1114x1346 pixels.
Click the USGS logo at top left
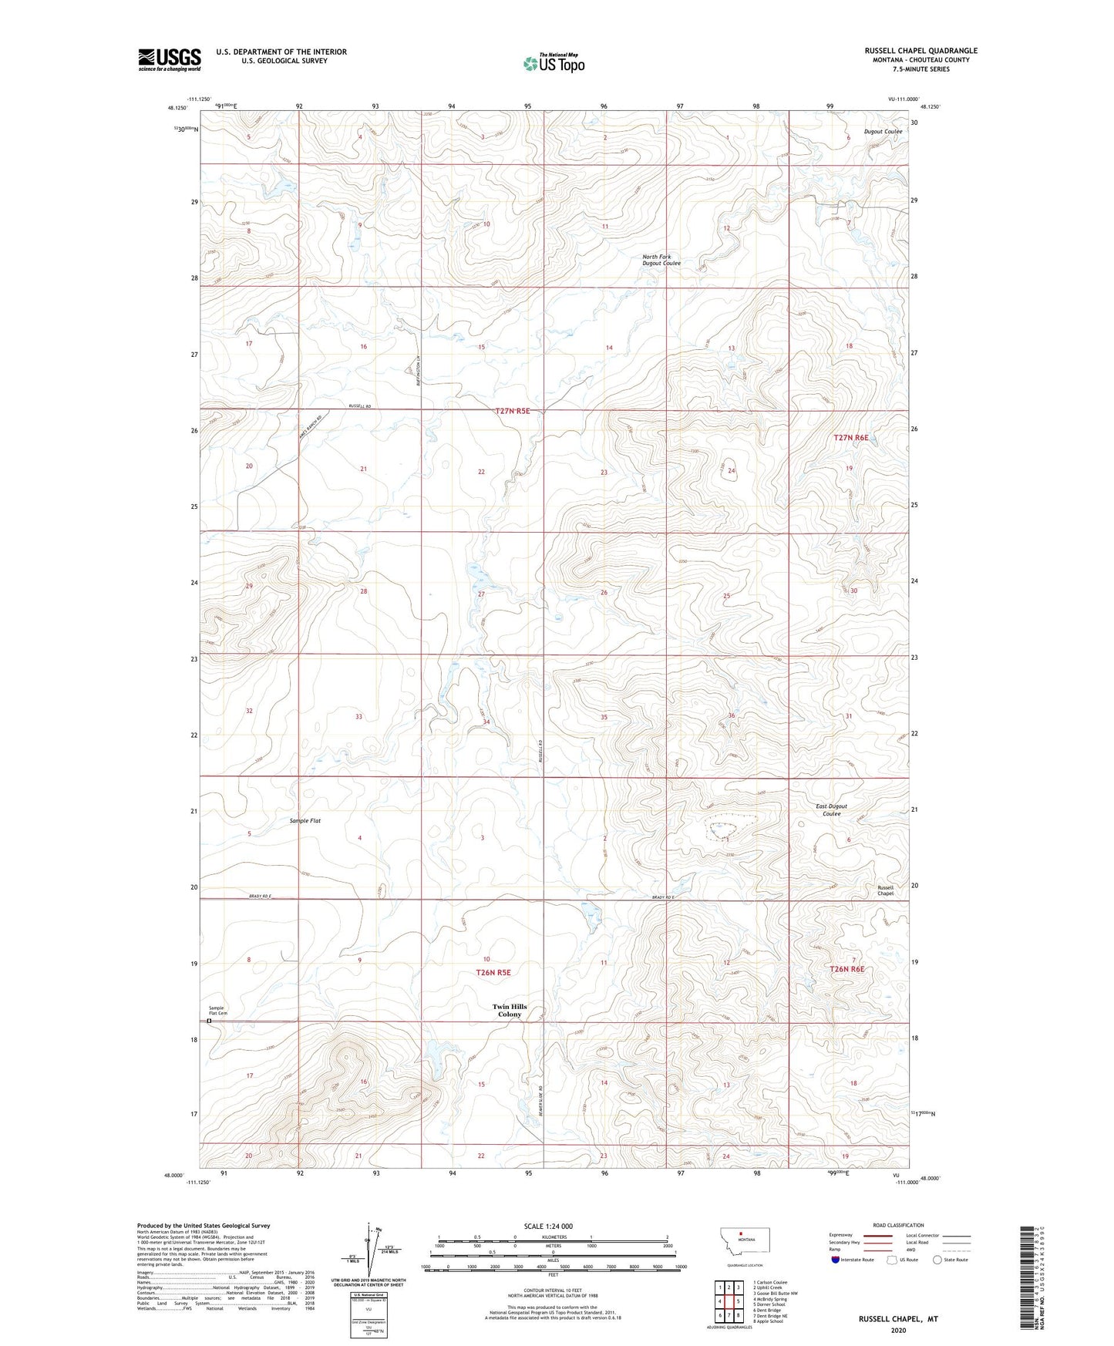click(x=170, y=59)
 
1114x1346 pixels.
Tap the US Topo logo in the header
click(x=554, y=62)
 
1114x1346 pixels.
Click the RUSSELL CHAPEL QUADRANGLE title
click(x=920, y=51)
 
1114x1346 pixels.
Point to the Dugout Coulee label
click(x=883, y=132)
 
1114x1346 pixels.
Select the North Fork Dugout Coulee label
click(x=661, y=260)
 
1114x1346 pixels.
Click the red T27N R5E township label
click(x=512, y=412)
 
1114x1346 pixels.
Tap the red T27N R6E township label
click(x=851, y=438)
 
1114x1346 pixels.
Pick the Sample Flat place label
click(x=305, y=821)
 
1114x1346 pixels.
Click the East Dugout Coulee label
click(x=831, y=809)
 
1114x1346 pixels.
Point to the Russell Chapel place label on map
click(x=885, y=890)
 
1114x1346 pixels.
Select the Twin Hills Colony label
click(x=510, y=1010)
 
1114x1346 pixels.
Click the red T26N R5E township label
click(x=493, y=973)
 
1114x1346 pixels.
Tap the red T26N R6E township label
click(x=846, y=969)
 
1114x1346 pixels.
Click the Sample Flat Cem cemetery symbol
click(x=209, y=1021)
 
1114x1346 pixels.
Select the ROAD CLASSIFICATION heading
click(x=898, y=1225)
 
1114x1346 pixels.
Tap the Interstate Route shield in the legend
click(x=836, y=1260)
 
